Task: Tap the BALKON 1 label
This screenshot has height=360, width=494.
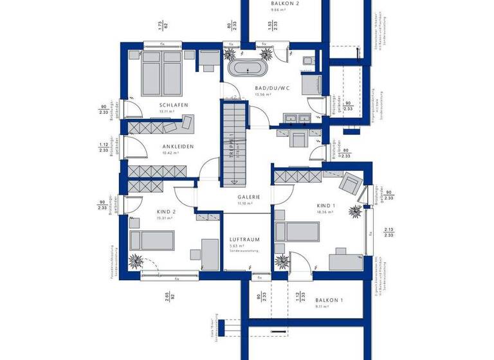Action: click(329, 300)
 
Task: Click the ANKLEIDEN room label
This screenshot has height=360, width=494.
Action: click(178, 147)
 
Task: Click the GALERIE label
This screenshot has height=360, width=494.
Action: click(248, 197)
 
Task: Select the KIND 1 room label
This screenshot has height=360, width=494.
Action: click(326, 206)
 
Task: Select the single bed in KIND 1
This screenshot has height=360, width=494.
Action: click(296, 231)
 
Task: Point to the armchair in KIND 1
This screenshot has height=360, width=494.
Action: click(351, 183)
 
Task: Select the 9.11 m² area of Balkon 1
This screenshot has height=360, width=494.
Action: click(322, 307)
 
